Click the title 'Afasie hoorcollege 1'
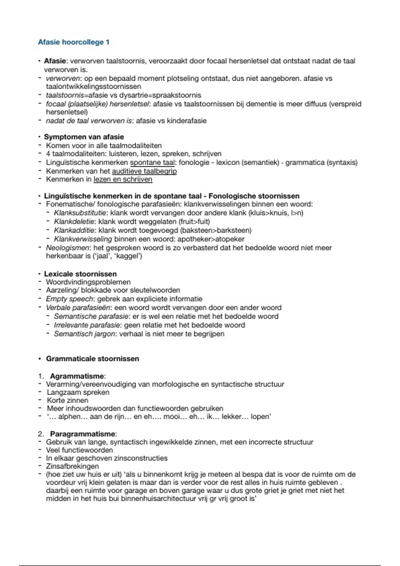tap(74, 42)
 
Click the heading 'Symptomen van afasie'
tap(84, 137)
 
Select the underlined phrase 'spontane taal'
tap(152, 162)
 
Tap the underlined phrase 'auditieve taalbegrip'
tap(144, 171)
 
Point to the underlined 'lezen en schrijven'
tap(123, 179)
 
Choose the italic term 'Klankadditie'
tap(75, 230)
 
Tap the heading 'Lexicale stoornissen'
tap(80, 274)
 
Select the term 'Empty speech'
tap(69, 299)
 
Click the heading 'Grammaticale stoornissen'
tap(92, 359)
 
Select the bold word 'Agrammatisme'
tap(77, 376)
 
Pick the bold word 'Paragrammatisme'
tap(82, 434)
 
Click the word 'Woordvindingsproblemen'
tap(88, 282)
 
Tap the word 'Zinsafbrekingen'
tap(73, 466)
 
